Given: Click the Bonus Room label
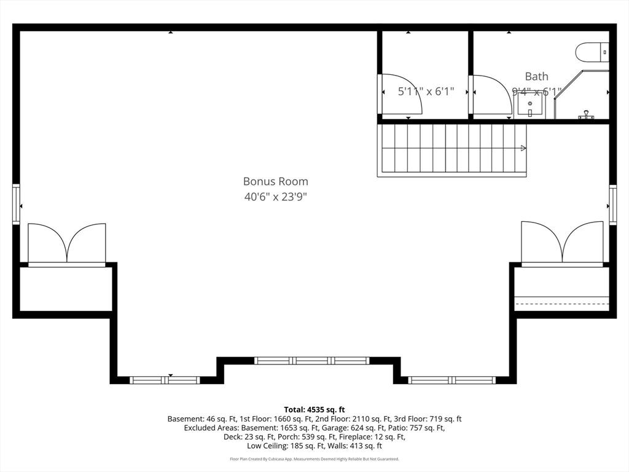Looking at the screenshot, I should (x=275, y=181).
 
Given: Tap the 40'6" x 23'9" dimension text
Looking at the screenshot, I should (x=275, y=197).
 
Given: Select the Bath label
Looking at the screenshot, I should (x=536, y=77).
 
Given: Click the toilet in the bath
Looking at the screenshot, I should (x=592, y=52).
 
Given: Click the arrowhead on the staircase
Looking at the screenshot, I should (x=523, y=148).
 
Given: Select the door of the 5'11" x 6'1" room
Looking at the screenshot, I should (x=399, y=95).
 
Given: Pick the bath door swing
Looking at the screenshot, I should (x=490, y=95).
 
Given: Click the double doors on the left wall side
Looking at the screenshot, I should (x=67, y=244).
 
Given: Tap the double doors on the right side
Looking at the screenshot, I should (x=562, y=242).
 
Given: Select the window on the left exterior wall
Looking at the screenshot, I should (x=17, y=205).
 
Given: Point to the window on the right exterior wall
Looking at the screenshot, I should (x=612, y=205).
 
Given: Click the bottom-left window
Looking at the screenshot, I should (x=165, y=380).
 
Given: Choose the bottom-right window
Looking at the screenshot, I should (x=452, y=380).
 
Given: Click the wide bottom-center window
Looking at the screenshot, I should (x=311, y=361).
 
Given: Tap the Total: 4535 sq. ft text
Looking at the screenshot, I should (x=314, y=409).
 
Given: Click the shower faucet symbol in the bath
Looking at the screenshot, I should (x=586, y=115).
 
